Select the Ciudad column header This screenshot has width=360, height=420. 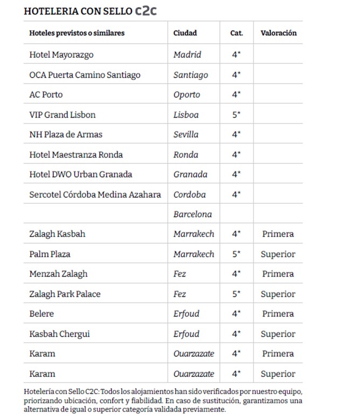(185, 33)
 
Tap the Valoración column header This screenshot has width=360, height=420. (278, 33)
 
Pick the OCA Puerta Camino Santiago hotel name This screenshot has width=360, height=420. (85, 74)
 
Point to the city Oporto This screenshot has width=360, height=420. (186, 94)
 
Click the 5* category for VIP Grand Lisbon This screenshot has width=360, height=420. (236, 115)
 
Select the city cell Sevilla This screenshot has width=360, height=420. (186, 134)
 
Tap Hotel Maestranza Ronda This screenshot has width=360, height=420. (76, 154)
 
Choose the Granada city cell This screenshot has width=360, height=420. (190, 174)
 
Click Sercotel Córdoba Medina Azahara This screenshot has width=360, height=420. (95, 194)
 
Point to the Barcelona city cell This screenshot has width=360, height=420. (192, 214)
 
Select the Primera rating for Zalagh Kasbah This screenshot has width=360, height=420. (278, 234)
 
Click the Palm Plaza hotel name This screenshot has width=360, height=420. (50, 254)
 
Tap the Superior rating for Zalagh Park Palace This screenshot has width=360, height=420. (278, 294)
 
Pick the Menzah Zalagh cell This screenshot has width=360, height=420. (58, 274)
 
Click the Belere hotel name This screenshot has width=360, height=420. (41, 314)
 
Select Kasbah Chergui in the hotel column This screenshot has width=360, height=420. (59, 334)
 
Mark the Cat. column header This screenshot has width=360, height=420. (236, 33)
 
